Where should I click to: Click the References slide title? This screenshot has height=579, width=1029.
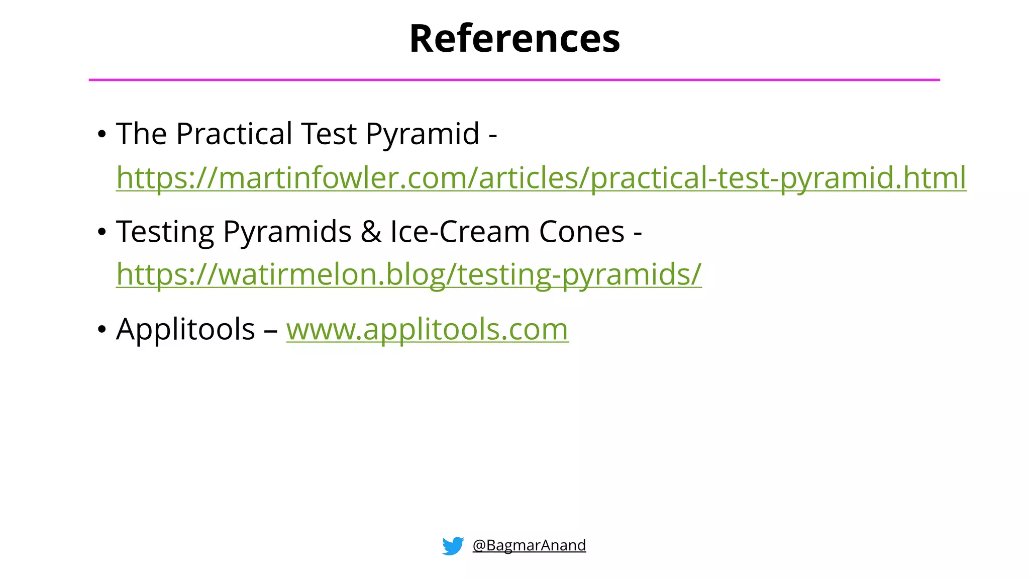pyautogui.click(x=514, y=39)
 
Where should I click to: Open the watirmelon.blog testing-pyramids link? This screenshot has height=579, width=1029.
pyautogui.click(x=408, y=274)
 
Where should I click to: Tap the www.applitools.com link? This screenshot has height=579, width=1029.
pyautogui.click(x=427, y=330)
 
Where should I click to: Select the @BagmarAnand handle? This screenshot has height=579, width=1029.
pyautogui.click(x=529, y=545)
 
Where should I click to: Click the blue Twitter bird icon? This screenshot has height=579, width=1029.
pyautogui.click(x=453, y=546)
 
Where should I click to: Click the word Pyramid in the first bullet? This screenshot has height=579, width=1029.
pyautogui.click(x=422, y=134)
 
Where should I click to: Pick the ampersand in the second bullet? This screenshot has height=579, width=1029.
pyautogui.click(x=371, y=232)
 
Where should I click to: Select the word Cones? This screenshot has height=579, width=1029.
pyautogui.click(x=581, y=232)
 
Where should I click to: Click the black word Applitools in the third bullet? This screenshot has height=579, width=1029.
pyautogui.click(x=185, y=330)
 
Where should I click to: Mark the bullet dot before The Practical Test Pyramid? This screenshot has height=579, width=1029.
pyautogui.click(x=102, y=135)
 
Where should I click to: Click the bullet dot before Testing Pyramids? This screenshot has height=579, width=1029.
pyautogui.click(x=102, y=232)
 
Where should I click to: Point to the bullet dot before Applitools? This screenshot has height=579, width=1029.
pyautogui.click(x=102, y=330)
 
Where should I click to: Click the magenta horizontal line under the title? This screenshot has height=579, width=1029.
pyautogui.click(x=514, y=80)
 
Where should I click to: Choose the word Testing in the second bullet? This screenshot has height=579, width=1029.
pyautogui.click(x=165, y=232)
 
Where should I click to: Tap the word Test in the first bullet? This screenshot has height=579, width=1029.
pyautogui.click(x=329, y=134)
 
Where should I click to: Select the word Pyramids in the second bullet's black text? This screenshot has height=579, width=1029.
pyautogui.click(x=287, y=232)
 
